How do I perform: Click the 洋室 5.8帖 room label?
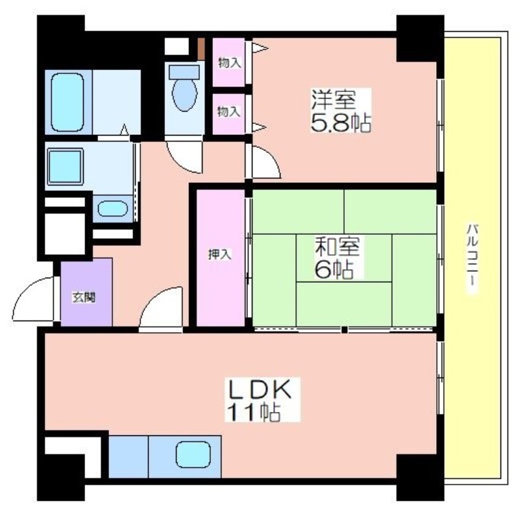click(x=341, y=110)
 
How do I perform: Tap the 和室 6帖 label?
click(x=337, y=258)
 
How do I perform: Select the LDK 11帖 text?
click(x=262, y=400)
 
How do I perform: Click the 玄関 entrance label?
click(x=84, y=298)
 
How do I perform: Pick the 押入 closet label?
click(x=219, y=254)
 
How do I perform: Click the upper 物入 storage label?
click(x=230, y=62)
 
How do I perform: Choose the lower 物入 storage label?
click(x=228, y=112)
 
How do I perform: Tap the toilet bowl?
click(x=184, y=89)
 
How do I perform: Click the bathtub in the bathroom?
click(x=68, y=102)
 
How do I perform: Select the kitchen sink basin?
click(x=193, y=455)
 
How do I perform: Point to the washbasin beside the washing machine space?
click(x=112, y=208)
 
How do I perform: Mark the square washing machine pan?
click(x=66, y=166)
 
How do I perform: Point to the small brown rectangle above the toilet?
click(x=201, y=49)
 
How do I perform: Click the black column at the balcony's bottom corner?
click(x=420, y=477)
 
